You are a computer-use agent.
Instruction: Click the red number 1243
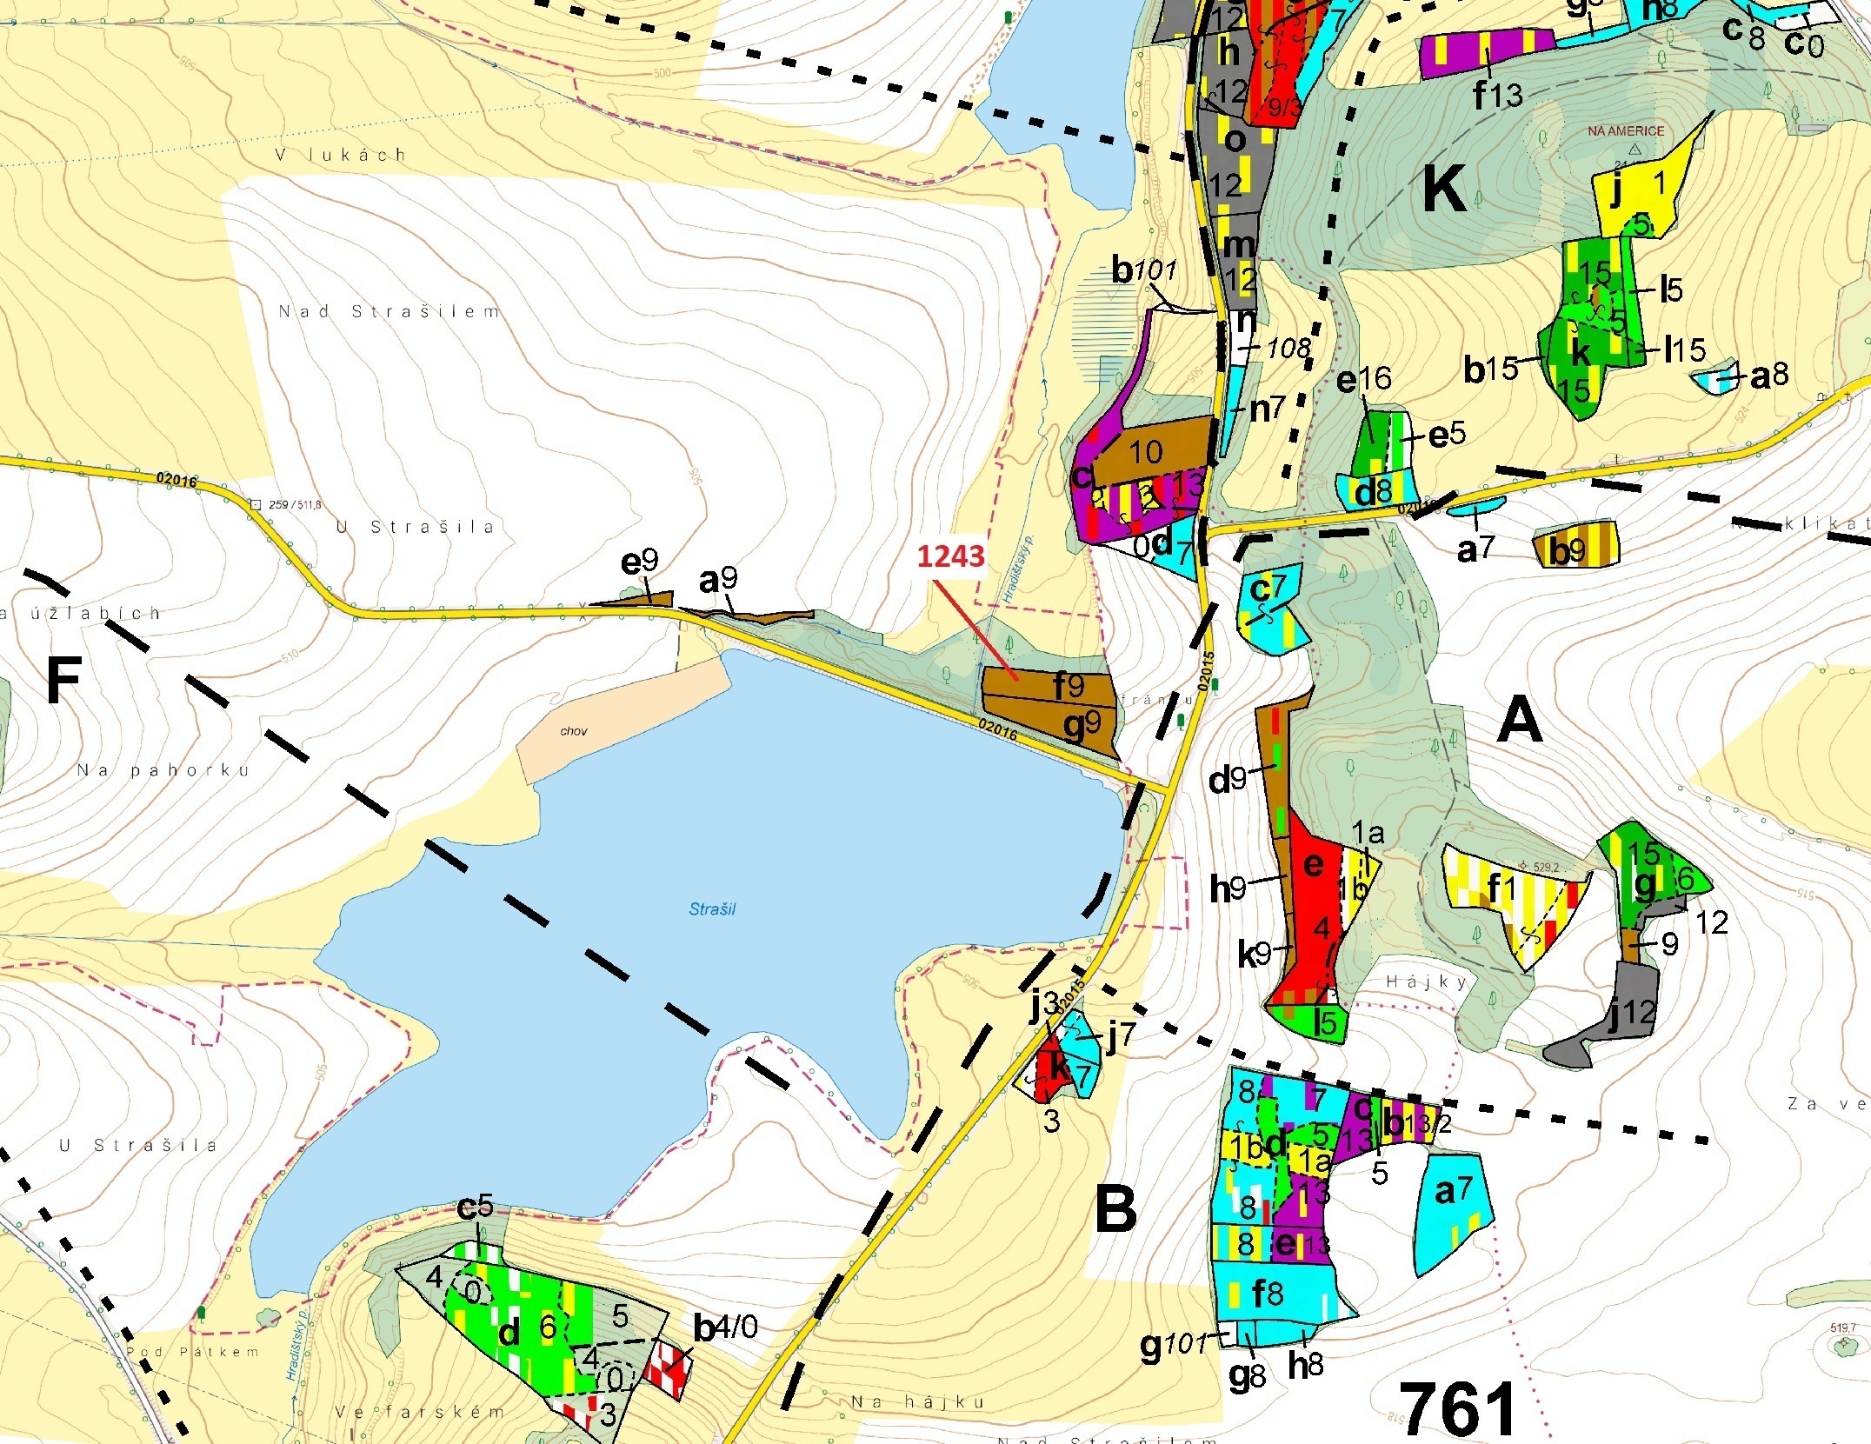[951, 556]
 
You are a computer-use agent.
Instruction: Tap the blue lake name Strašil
[712, 909]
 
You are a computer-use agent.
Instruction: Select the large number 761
[1458, 1409]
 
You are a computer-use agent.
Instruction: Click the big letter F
[63, 681]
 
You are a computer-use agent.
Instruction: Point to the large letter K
[1444, 190]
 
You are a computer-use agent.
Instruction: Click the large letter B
[1115, 1209]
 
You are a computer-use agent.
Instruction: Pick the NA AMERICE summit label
[1625, 131]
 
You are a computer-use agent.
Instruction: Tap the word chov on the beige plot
[574, 731]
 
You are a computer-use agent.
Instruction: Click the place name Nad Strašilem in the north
[389, 311]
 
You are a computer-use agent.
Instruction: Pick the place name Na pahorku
[163, 770]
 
